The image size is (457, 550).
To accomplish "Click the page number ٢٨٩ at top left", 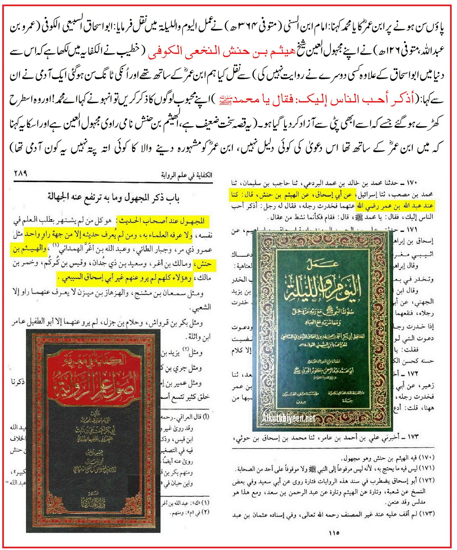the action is coord(21,173).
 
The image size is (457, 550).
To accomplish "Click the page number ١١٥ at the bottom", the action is coord(334,533).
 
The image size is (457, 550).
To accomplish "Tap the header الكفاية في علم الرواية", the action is coord(187,175).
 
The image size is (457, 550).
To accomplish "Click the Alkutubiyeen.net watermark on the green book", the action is coord(288,418).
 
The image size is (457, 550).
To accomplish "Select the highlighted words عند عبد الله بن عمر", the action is coord(395,206).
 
